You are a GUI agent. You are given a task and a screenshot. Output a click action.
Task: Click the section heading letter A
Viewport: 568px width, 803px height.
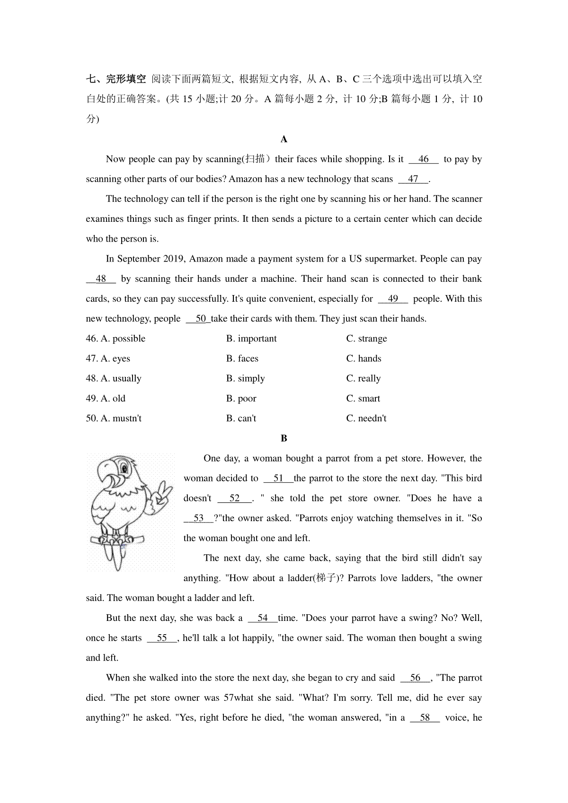point(284,139)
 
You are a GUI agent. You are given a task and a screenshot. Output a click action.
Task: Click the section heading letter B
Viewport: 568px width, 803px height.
point(284,438)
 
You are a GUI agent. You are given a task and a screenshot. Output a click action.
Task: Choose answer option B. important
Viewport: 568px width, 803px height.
point(251,339)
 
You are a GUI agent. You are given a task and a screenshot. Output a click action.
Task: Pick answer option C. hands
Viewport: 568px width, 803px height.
point(364,358)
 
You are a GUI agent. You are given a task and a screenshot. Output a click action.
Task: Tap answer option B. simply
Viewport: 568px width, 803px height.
point(245,378)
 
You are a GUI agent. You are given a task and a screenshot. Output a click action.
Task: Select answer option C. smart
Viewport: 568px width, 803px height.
point(363,399)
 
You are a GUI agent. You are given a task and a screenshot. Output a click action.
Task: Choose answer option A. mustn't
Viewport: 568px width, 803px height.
point(121,419)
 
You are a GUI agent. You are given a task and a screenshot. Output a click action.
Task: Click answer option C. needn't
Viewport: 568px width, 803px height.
point(366,419)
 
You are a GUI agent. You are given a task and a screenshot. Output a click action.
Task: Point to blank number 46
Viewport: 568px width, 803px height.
point(424,159)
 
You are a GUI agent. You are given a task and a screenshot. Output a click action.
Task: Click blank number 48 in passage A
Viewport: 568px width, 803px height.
point(101,279)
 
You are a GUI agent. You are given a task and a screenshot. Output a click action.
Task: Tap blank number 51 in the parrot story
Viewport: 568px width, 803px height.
point(278,478)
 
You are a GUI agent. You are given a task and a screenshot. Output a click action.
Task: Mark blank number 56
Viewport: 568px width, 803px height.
point(416,678)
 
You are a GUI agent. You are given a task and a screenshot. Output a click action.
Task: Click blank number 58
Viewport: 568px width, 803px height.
point(425,717)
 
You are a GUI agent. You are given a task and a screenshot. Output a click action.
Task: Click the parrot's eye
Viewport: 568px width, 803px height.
point(124,469)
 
